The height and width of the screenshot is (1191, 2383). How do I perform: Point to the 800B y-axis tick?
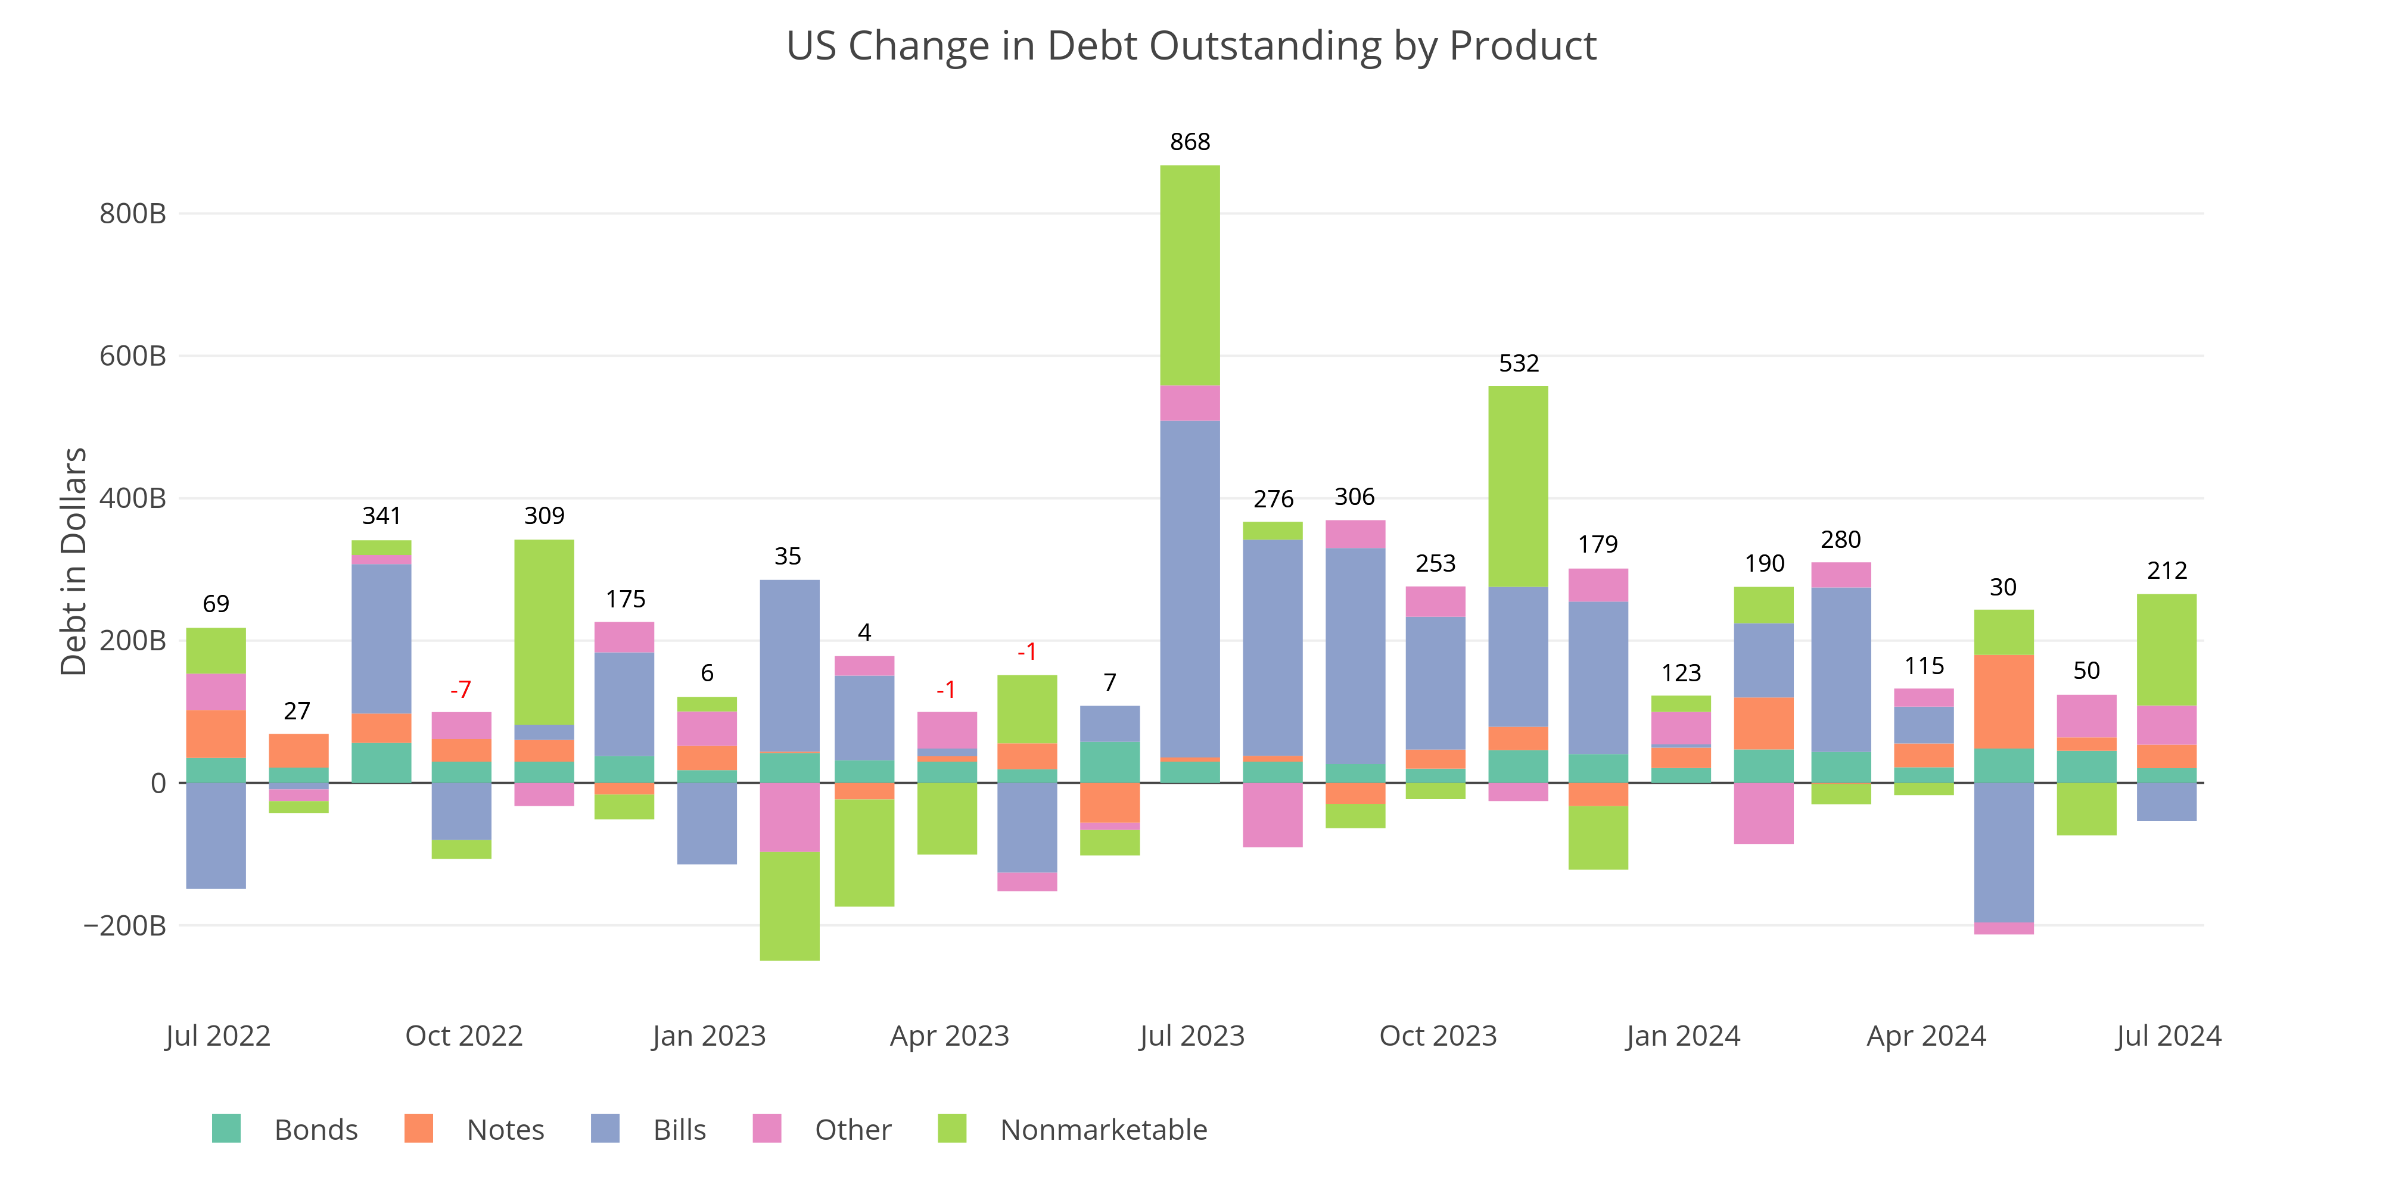coord(132,214)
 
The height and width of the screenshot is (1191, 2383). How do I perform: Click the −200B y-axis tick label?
coord(125,925)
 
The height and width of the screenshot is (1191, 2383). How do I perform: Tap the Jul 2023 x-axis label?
coord(1191,1036)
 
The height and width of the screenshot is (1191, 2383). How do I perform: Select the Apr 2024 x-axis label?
coord(1926,1036)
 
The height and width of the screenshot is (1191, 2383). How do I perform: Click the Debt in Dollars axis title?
coord(73,562)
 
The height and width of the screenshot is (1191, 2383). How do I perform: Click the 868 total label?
coord(1190,142)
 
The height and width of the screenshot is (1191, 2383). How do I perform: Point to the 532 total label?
coord(1518,363)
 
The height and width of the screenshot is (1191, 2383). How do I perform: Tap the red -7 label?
coord(461,690)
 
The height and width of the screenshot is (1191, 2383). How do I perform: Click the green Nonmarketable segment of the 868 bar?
coord(1190,276)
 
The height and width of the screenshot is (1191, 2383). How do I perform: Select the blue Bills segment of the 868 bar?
coord(1190,589)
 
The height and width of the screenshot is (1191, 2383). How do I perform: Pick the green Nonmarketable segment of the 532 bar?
coord(1518,487)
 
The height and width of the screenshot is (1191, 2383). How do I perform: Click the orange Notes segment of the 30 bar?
coord(2004,702)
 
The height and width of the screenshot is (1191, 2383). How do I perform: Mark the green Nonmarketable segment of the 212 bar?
coord(2167,650)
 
